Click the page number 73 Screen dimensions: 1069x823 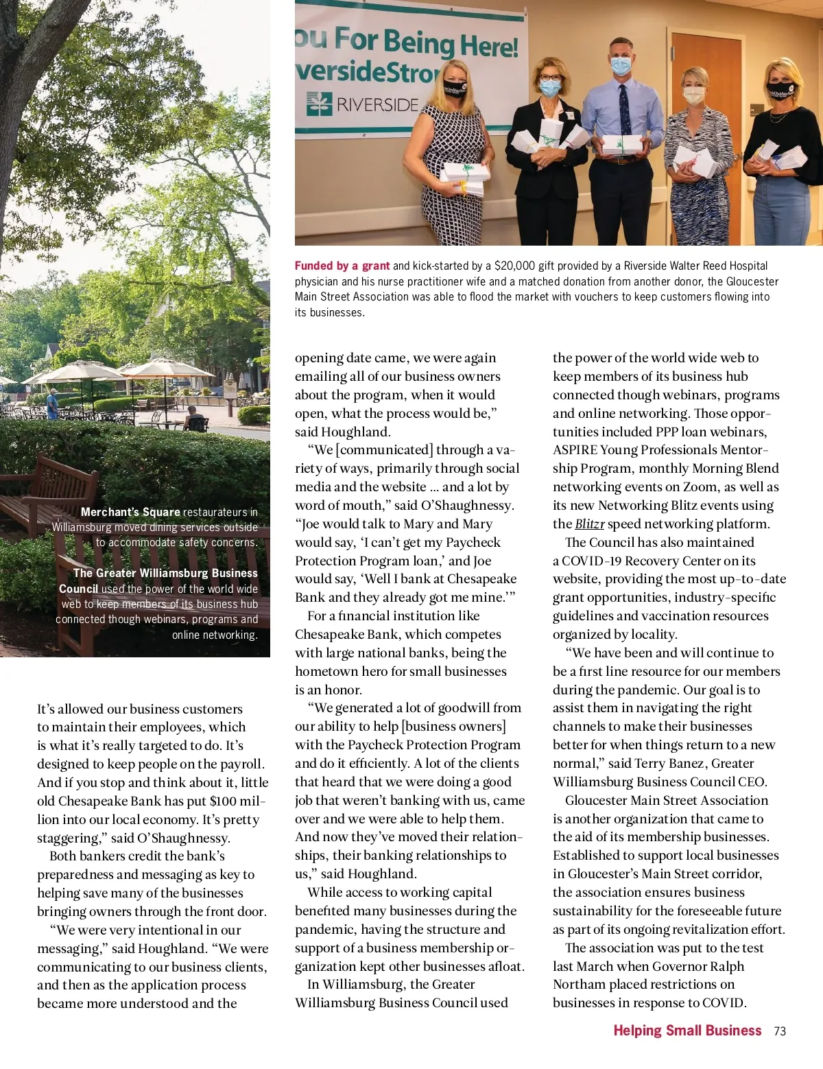point(779,1031)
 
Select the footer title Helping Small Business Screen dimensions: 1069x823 point(687,1031)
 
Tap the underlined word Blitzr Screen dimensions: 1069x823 point(589,524)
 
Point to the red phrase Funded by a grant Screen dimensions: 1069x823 point(342,266)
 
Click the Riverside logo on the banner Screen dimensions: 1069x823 point(362,104)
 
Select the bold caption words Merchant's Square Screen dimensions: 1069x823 point(130,512)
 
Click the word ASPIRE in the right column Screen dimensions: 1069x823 point(575,450)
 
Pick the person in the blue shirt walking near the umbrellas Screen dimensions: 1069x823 point(52,403)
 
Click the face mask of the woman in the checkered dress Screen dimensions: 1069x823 point(455,88)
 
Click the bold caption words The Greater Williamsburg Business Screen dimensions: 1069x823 point(165,573)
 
